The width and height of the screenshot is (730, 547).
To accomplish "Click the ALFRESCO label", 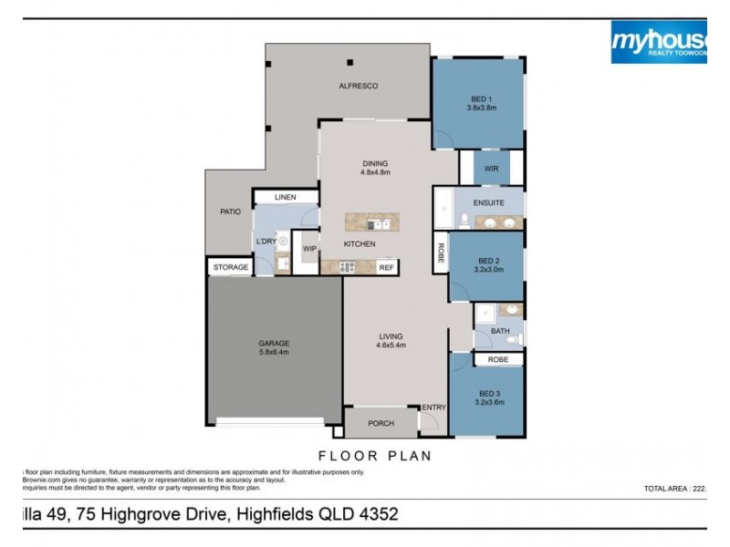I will pyautogui.click(x=358, y=86).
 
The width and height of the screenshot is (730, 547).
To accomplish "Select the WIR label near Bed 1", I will pyautogui.click(x=491, y=169).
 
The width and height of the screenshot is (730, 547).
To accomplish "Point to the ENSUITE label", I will pyautogui.click(x=488, y=202).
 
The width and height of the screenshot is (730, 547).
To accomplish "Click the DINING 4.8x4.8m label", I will pyautogui.click(x=375, y=168).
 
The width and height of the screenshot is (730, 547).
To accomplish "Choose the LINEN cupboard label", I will pyautogui.click(x=287, y=198).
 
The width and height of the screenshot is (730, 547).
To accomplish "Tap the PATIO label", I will pyautogui.click(x=231, y=212).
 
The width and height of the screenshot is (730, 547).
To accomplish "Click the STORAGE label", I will pyautogui.click(x=231, y=267).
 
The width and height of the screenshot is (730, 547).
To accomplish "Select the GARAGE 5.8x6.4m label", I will pyautogui.click(x=274, y=347).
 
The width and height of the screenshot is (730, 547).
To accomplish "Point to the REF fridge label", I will pyautogui.click(x=385, y=268).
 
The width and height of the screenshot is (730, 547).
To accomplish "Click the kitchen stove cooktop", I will pyautogui.click(x=348, y=267).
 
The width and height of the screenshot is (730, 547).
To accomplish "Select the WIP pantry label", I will pyautogui.click(x=309, y=248).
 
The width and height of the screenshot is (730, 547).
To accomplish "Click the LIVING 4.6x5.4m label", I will pyautogui.click(x=391, y=341).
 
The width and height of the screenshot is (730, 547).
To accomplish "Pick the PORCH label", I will pyautogui.click(x=380, y=423).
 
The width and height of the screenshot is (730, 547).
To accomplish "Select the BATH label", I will pyautogui.click(x=500, y=331).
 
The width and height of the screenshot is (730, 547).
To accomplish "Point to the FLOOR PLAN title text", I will pyautogui.click(x=373, y=455).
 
